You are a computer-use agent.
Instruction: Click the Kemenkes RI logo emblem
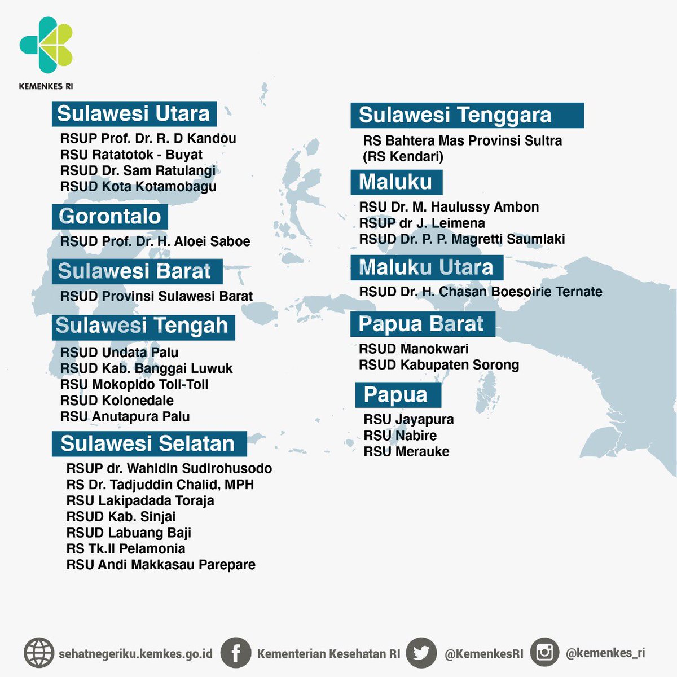click(46, 46)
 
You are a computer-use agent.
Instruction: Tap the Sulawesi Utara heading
click(134, 113)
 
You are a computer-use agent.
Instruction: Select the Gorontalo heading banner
click(110, 217)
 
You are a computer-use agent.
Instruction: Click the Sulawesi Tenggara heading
click(455, 115)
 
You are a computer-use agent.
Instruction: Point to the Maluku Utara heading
click(426, 267)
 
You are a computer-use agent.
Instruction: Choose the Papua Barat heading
click(421, 324)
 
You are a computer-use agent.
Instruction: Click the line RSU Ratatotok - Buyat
click(131, 155)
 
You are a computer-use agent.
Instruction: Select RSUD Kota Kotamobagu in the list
click(138, 187)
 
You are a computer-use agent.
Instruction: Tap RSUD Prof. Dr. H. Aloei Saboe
click(155, 241)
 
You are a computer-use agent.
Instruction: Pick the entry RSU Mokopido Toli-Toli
click(134, 385)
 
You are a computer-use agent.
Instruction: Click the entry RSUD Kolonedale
click(117, 401)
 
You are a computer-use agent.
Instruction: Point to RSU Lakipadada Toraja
click(140, 500)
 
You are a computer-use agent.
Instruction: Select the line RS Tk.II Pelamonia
click(125, 548)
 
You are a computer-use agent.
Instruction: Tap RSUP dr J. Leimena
click(422, 223)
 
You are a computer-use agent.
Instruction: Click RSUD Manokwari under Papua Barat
click(414, 349)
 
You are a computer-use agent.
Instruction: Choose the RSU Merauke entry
click(406, 451)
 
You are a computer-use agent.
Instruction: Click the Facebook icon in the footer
click(235, 653)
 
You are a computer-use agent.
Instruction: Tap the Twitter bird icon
click(421, 653)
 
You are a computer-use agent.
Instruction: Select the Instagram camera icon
click(544, 653)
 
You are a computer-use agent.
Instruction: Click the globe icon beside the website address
click(39, 653)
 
